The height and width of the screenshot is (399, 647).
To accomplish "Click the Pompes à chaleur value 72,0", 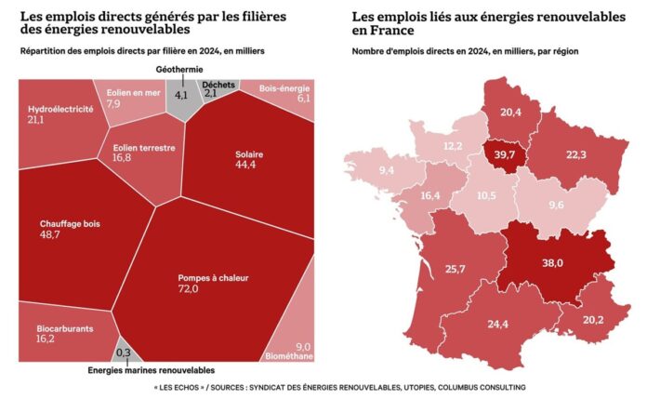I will (x=189, y=289).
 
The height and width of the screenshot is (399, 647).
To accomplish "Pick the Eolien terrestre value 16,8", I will (x=125, y=159).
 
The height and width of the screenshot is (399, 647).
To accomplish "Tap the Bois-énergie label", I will (x=284, y=86).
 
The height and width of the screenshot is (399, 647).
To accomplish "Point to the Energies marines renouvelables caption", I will (x=150, y=369).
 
